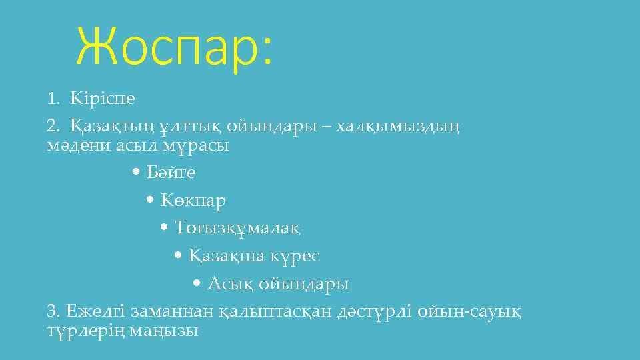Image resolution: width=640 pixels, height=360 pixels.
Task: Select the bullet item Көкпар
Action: pos(193,201)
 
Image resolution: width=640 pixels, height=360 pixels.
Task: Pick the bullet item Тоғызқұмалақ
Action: pos(238,229)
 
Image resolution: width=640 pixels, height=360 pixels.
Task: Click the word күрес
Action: pos(297,256)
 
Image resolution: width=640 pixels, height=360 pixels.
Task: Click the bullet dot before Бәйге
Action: pos(136,173)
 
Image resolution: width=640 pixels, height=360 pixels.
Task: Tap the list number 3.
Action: pos(52,311)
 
